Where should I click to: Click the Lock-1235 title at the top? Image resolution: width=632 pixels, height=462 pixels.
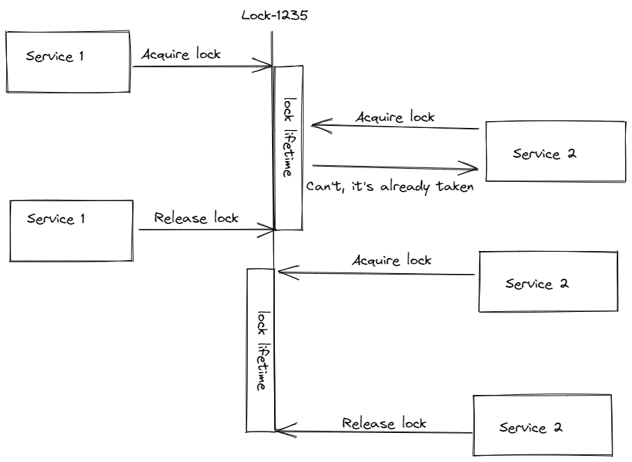point(274,15)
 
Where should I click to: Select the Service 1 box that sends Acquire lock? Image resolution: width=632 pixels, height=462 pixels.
point(67,61)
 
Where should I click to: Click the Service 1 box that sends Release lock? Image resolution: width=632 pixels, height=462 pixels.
point(71,231)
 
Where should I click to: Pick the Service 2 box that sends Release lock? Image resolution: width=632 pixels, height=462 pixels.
point(542,425)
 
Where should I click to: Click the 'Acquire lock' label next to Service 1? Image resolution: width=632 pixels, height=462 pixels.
point(181,55)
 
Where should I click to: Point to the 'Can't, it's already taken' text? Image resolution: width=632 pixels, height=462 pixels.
point(390,187)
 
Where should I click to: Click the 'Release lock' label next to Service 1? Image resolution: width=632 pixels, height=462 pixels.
point(196,218)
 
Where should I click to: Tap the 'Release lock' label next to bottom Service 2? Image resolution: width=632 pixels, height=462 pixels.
point(384,423)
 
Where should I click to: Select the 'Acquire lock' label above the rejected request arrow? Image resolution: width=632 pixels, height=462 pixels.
point(395,117)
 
